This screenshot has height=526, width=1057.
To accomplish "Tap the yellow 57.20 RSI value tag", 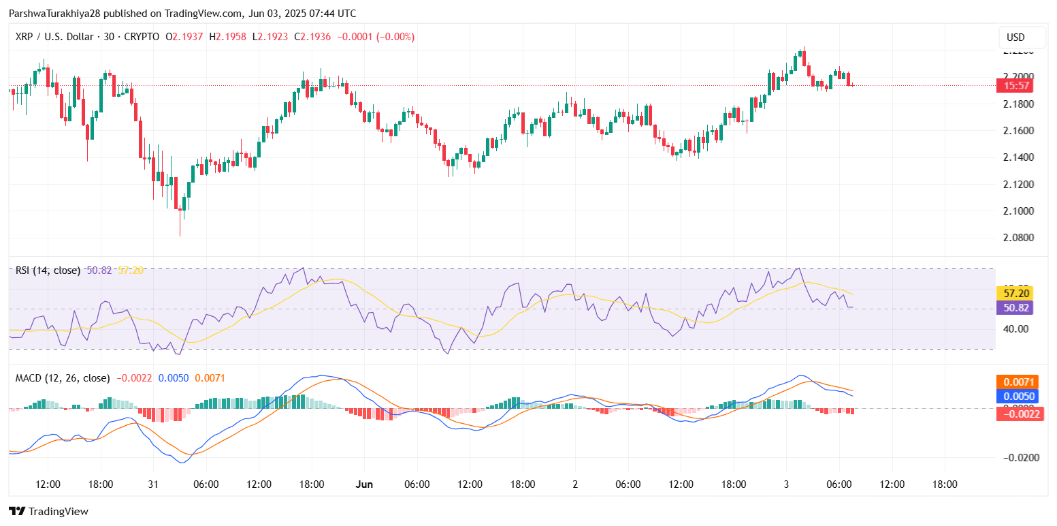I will [x=1014, y=294].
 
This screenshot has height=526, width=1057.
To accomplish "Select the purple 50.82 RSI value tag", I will [x=1014, y=308].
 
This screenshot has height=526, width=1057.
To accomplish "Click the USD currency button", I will [x=1015, y=37].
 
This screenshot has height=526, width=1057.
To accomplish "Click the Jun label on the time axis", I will [x=365, y=484].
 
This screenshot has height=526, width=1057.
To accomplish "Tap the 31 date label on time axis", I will [x=153, y=484].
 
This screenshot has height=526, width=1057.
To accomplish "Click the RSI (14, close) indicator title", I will [x=48, y=270].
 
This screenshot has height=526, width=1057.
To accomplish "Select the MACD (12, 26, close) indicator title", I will [x=63, y=377].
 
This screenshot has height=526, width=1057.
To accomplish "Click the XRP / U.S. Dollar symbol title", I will [x=60, y=37].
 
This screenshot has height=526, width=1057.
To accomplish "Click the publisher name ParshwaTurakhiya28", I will [x=54, y=14].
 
